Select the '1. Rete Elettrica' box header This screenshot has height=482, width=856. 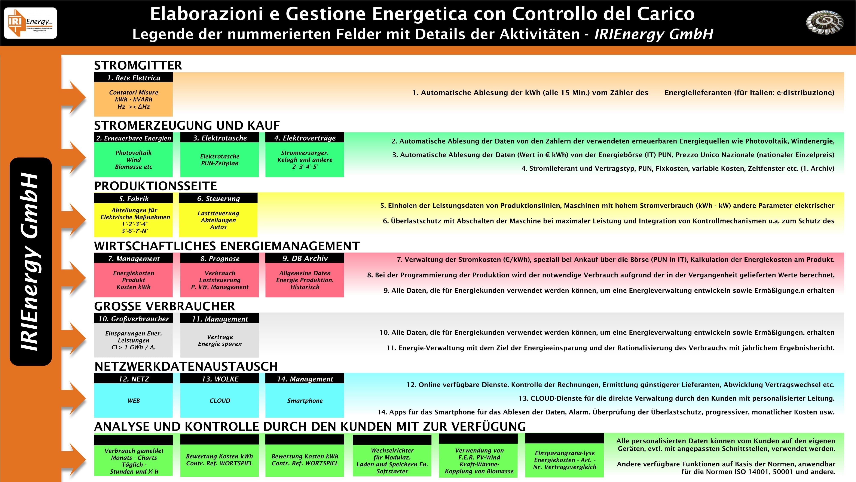pyautogui.click(x=133, y=78)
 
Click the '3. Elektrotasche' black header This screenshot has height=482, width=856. pyautogui.click(x=220, y=138)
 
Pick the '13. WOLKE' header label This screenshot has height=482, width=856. pyautogui.click(x=220, y=379)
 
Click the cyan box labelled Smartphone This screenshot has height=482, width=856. pyautogui.click(x=305, y=401)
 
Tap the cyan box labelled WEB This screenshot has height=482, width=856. pyautogui.click(x=133, y=401)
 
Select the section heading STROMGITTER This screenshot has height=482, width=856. pyautogui.click(x=138, y=65)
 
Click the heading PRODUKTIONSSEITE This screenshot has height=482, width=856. pyautogui.click(x=156, y=186)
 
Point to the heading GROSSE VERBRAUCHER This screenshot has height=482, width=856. pyautogui.click(x=165, y=306)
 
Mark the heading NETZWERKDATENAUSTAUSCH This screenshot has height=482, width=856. pyautogui.click(x=186, y=366)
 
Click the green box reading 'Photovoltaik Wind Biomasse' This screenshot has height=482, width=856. pyautogui.click(x=133, y=160)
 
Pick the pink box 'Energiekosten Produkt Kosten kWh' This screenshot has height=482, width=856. pyautogui.click(x=133, y=280)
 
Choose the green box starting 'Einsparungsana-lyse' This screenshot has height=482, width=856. pyautogui.click(x=564, y=460)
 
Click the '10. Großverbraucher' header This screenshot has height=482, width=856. pyautogui.click(x=133, y=319)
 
